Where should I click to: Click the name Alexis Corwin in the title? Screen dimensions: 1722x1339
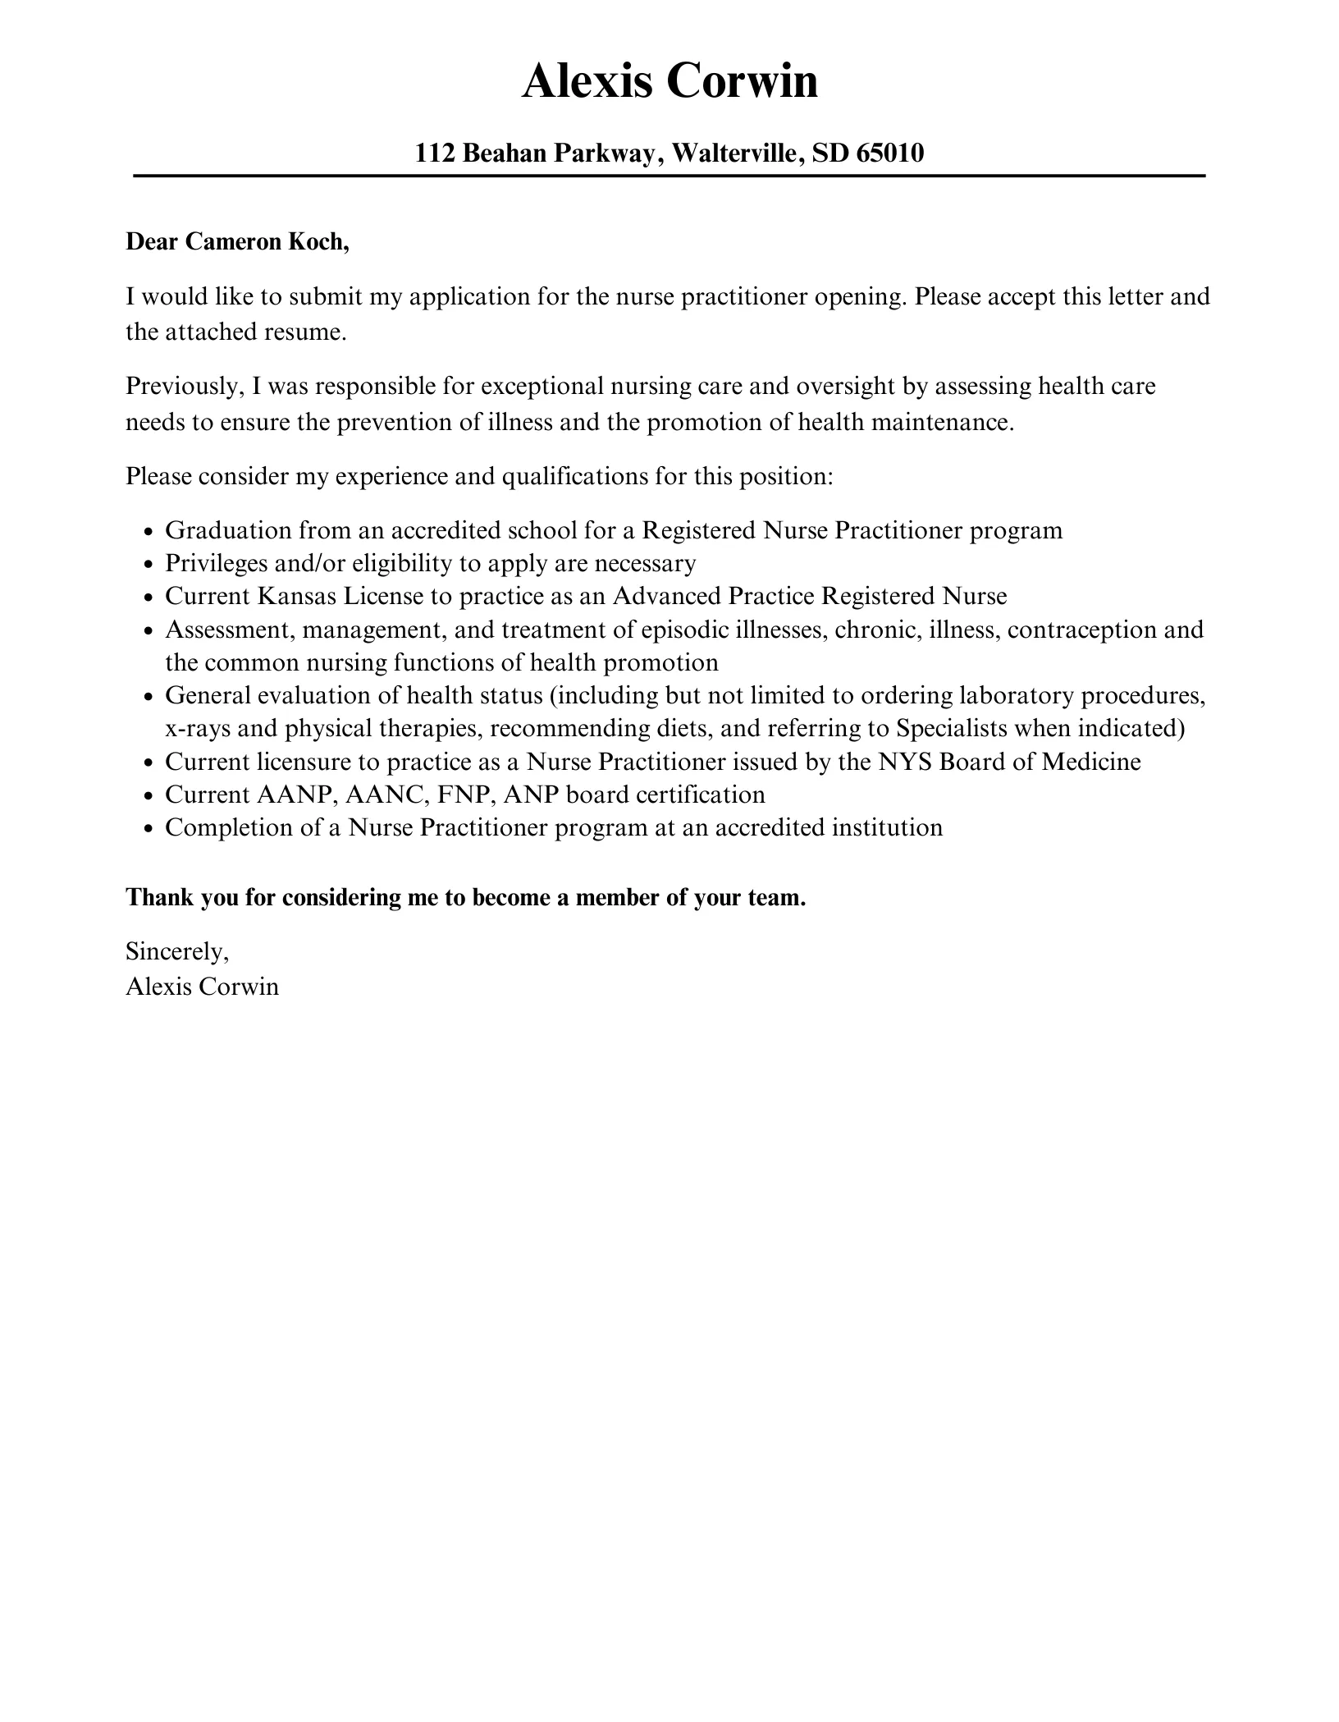point(669,82)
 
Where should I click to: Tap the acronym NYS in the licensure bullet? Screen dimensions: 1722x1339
point(904,762)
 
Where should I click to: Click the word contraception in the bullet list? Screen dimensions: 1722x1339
point(1081,630)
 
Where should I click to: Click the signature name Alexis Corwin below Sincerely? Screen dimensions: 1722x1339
point(202,986)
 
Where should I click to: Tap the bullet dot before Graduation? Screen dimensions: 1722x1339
point(149,532)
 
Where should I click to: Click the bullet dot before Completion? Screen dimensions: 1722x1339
point(149,829)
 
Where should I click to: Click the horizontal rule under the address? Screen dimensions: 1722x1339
point(669,176)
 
